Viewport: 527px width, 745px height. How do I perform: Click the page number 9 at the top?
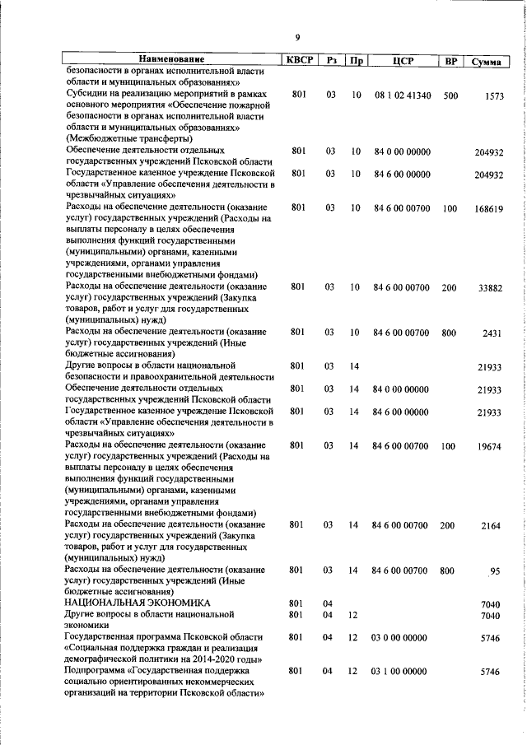(297, 35)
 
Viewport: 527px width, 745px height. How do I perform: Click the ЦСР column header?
(402, 61)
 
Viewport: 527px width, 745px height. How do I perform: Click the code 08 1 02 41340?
(402, 95)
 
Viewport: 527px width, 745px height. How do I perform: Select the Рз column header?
(331, 61)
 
